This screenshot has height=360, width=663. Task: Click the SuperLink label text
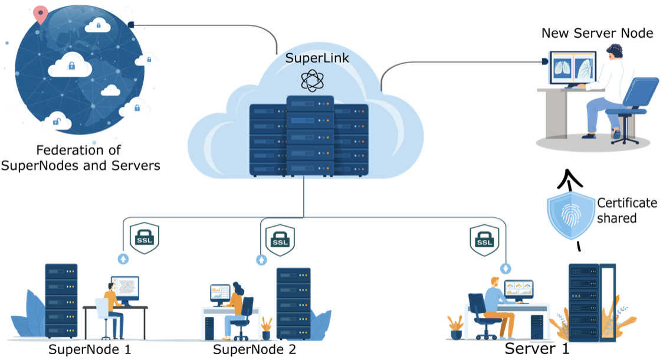click(x=309, y=58)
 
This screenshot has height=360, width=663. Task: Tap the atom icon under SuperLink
click(x=313, y=80)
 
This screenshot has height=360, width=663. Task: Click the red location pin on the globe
click(x=40, y=15)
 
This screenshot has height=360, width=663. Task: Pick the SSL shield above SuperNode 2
click(x=280, y=238)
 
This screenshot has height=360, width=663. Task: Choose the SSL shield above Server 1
click(x=484, y=238)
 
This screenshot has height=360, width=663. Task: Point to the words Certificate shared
click(x=626, y=211)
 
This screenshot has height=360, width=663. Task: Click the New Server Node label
click(x=597, y=33)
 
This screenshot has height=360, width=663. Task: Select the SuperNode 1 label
click(x=89, y=349)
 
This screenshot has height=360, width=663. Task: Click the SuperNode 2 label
click(x=254, y=349)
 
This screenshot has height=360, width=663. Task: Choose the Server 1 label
click(x=537, y=348)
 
